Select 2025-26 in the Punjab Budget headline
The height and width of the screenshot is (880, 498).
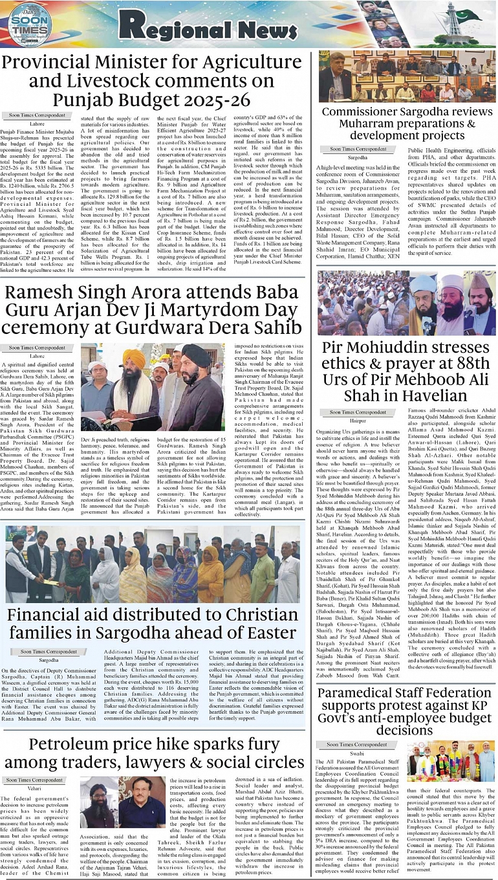(216, 100)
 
